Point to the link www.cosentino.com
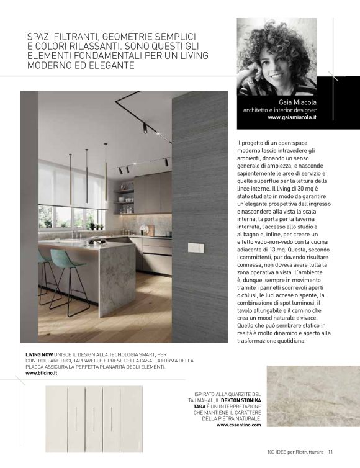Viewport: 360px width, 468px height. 239,425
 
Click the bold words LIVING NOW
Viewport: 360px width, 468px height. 38,354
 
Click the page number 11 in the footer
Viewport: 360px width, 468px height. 331,451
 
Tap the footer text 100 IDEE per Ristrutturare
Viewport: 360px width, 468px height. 295,451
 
